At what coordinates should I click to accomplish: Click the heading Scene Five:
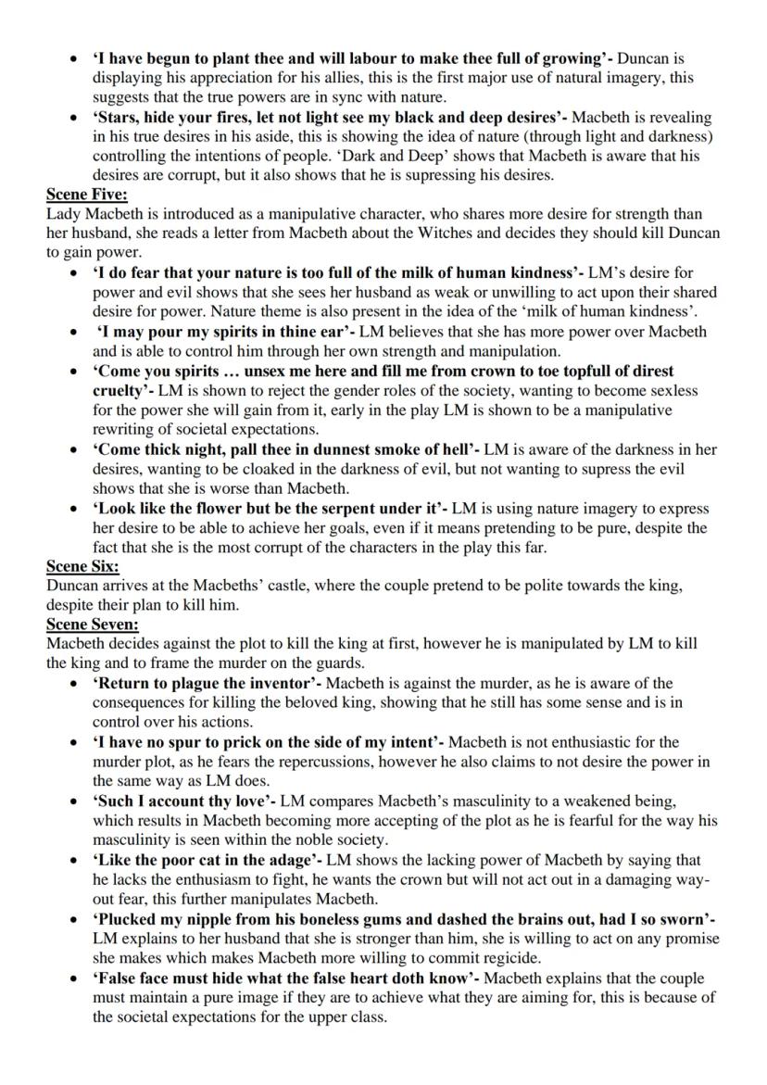(87, 194)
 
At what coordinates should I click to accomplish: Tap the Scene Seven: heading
(93, 624)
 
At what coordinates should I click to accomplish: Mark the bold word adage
(289, 859)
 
